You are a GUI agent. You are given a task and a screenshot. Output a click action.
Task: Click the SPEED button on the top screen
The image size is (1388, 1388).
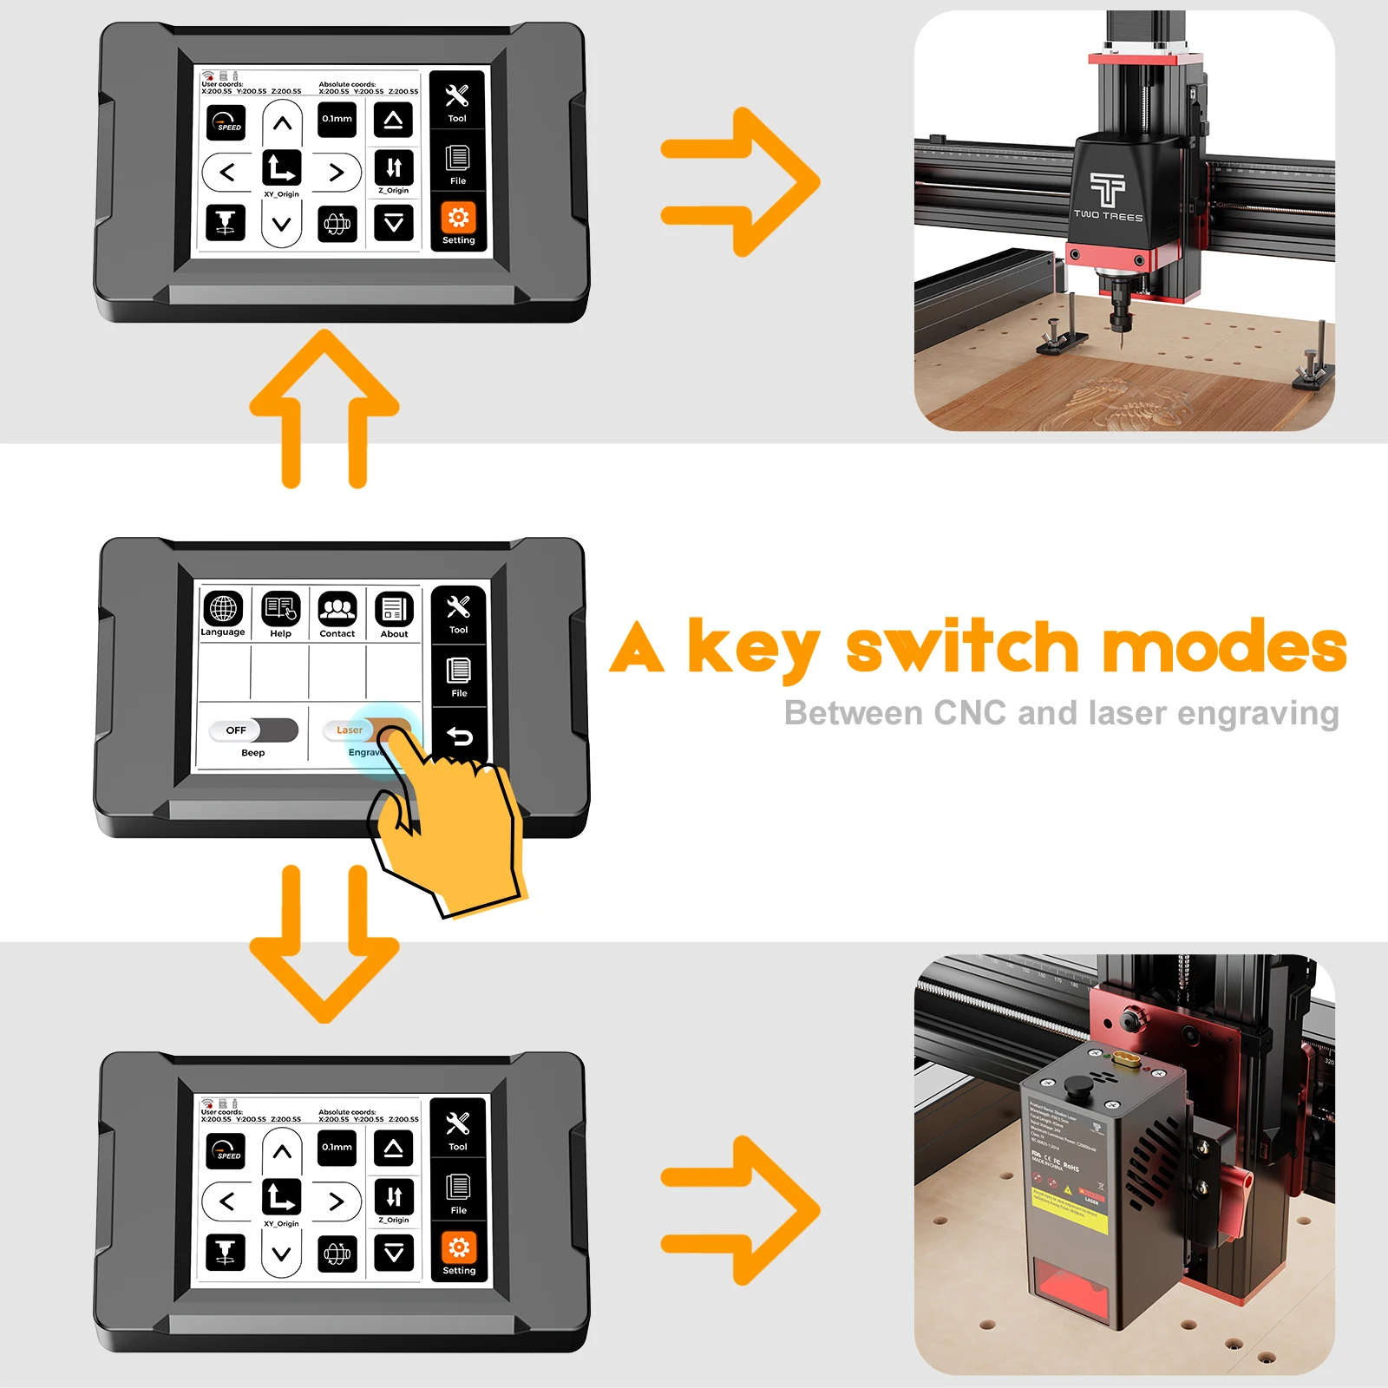(226, 122)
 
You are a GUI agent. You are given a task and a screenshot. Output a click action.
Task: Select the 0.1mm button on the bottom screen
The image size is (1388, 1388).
(337, 1147)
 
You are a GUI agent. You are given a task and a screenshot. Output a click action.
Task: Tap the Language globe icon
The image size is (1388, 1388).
(223, 608)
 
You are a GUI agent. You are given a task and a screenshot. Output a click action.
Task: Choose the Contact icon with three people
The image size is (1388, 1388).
(337, 609)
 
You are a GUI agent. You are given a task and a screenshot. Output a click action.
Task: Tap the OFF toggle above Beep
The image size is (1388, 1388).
(252, 730)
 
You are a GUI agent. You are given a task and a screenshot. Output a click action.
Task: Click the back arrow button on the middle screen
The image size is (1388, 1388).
(459, 737)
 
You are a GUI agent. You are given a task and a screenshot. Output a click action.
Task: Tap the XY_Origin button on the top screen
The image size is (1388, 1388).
(281, 168)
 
